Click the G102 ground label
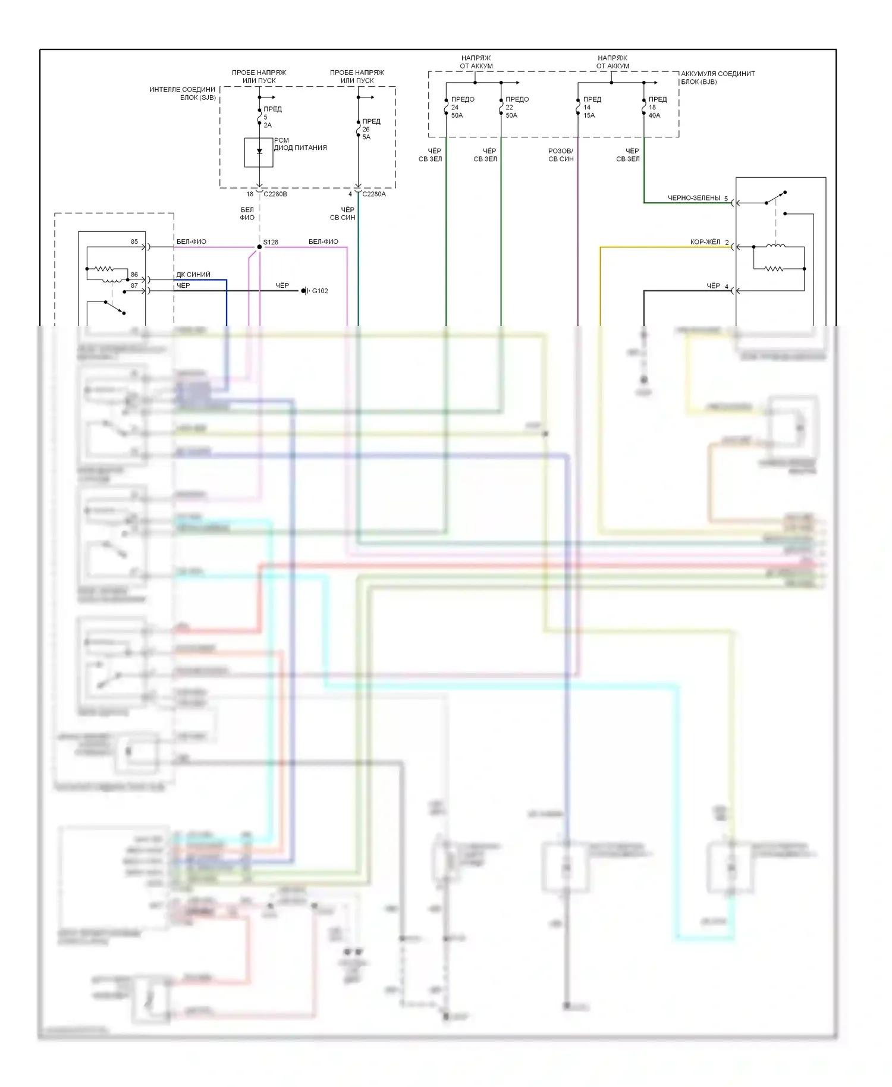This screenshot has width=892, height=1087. pyautogui.click(x=320, y=291)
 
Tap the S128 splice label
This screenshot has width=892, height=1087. pyautogui.click(x=271, y=242)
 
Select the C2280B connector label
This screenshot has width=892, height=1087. pyautogui.click(x=275, y=194)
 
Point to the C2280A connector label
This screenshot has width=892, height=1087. pyautogui.click(x=374, y=194)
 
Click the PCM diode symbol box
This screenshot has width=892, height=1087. pyautogui.click(x=259, y=152)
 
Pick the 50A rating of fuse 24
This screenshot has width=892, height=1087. pyautogui.click(x=457, y=115)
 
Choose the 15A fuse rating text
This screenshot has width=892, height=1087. pyautogui.click(x=589, y=115)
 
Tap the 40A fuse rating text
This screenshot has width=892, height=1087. pyautogui.click(x=654, y=115)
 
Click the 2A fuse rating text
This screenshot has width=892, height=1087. pyautogui.click(x=268, y=125)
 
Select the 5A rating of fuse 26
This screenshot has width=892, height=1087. pyautogui.click(x=366, y=137)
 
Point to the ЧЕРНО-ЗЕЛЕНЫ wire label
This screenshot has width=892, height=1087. pyautogui.click(x=693, y=198)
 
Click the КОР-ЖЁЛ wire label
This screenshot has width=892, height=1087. pyautogui.click(x=705, y=242)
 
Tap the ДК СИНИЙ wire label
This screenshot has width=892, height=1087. pyautogui.click(x=193, y=275)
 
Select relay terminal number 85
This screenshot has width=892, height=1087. pyautogui.click(x=134, y=241)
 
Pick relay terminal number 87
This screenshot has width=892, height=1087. pyautogui.click(x=134, y=285)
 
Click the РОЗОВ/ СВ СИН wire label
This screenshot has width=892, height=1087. pyautogui.click(x=561, y=155)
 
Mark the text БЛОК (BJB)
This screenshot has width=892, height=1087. pyautogui.click(x=699, y=82)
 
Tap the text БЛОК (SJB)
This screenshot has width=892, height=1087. pyautogui.click(x=198, y=98)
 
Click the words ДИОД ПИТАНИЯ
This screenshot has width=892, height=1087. pyautogui.click(x=300, y=147)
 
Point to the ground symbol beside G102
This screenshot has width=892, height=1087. pyautogui.click(x=305, y=291)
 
